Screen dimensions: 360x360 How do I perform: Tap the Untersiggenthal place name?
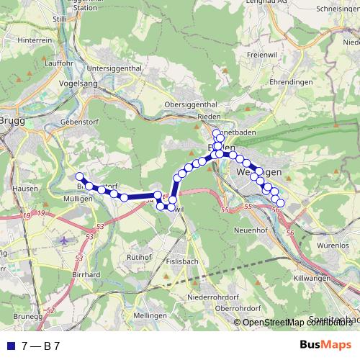113,68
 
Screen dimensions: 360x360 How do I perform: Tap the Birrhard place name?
86,274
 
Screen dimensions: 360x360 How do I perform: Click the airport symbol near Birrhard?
66,240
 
